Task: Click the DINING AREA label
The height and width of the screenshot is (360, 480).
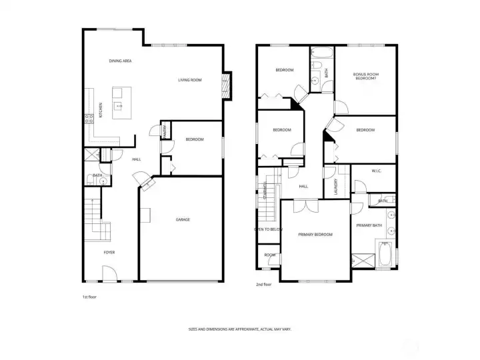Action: [120, 61]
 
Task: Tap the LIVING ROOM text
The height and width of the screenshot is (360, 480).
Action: [189, 80]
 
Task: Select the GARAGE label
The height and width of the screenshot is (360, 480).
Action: [183, 219]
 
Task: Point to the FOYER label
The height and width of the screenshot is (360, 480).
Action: [109, 253]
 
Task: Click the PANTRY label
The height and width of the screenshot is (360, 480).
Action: [165, 131]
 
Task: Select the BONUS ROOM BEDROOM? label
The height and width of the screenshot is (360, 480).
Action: [365, 76]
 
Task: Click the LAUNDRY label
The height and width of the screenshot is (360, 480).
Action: [335, 185]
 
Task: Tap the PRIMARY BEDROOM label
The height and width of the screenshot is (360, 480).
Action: [315, 235]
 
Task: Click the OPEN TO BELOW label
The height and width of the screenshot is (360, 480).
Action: [268, 229]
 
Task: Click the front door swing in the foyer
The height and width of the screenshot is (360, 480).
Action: [109, 273]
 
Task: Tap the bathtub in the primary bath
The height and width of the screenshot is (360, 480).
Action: [387, 255]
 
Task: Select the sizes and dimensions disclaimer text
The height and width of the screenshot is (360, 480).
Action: [239, 329]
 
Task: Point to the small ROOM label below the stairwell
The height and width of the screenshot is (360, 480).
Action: [269, 255]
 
